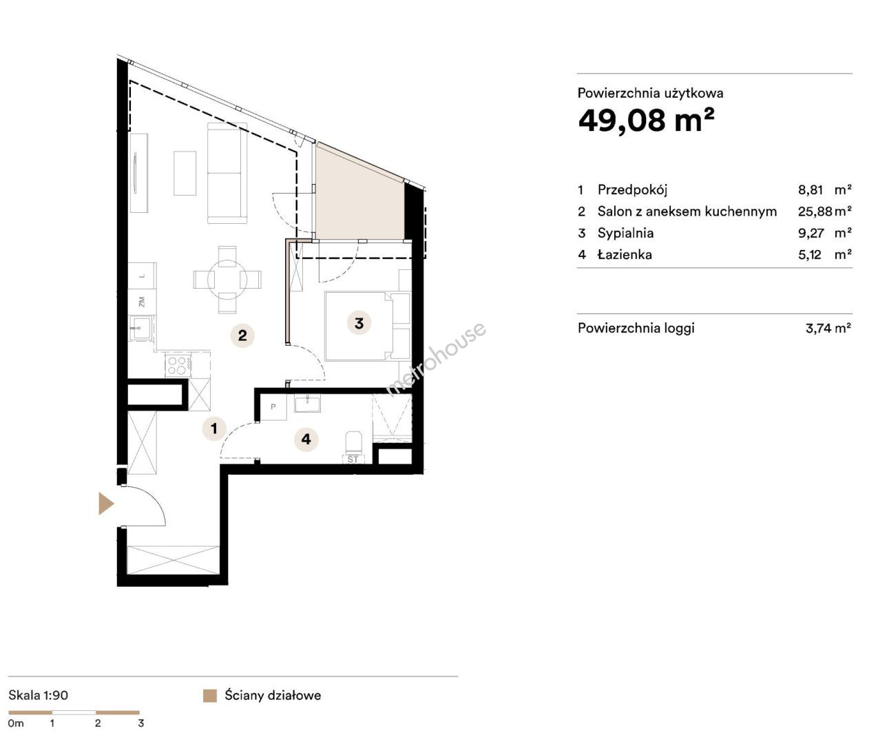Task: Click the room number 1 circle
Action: (x=214, y=428)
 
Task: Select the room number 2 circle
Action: (x=242, y=335)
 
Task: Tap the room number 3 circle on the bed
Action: (x=359, y=323)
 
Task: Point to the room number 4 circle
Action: (x=306, y=439)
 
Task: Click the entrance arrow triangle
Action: (x=105, y=504)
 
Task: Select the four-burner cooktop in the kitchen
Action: (x=178, y=365)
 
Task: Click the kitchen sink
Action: (x=140, y=328)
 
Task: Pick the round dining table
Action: (x=227, y=280)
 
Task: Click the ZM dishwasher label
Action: (x=142, y=301)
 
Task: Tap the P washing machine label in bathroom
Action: (x=273, y=406)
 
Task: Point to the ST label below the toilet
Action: (x=353, y=459)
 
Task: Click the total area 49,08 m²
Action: (x=646, y=121)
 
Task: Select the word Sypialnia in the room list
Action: (x=625, y=233)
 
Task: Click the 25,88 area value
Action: (x=815, y=211)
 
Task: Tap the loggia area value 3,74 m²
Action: (x=828, y=328)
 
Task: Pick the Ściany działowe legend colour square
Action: (x=210, y=696)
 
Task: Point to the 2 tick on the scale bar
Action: (x=98, y=723)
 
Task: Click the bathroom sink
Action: (x=307, y=403)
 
